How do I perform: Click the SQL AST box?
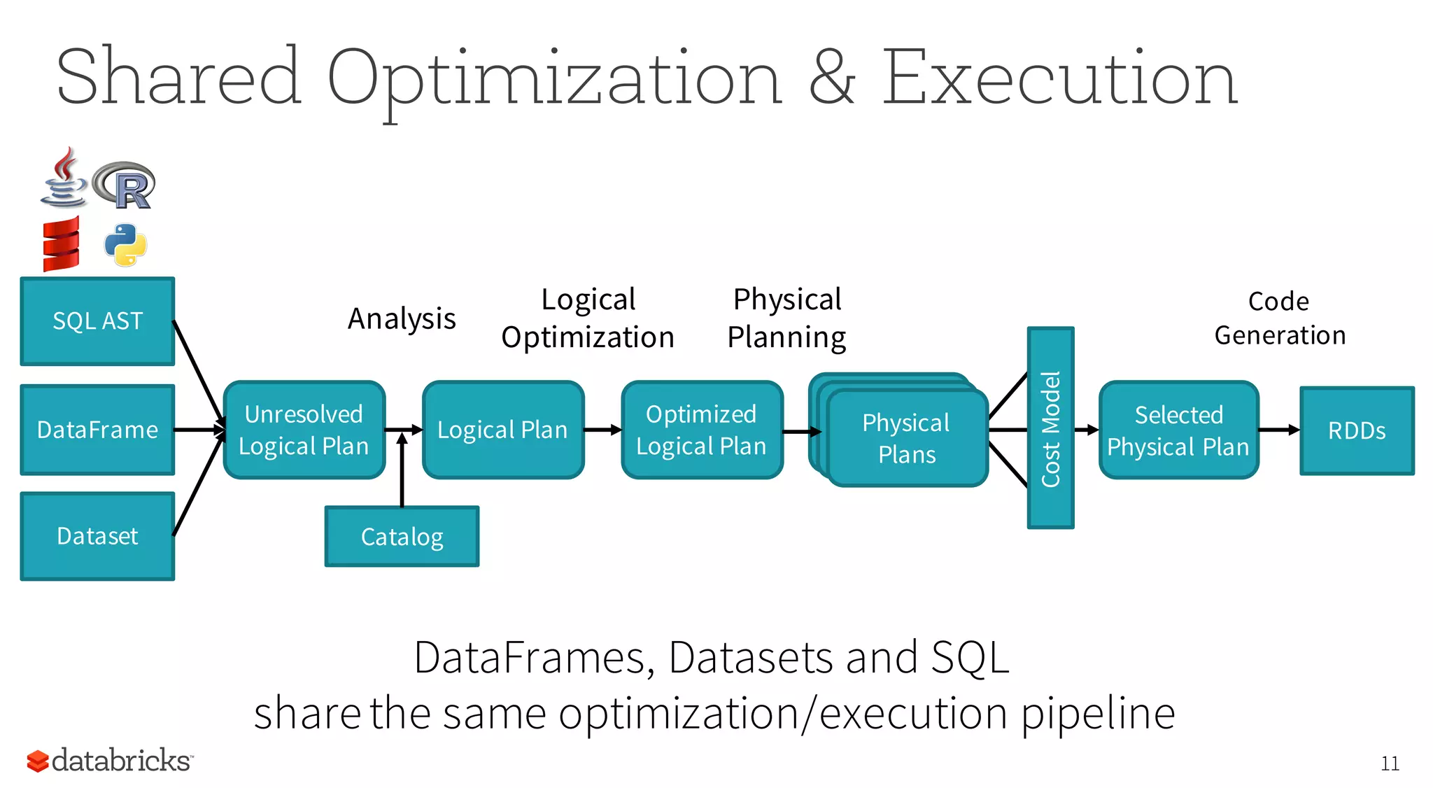tap(97, 321)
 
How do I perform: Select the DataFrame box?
tap(97, 430)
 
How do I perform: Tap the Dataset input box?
tap(97, 536)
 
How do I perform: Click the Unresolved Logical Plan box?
tap(304, 430)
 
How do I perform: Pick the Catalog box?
tap(402, 537)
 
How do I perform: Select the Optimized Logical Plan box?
tap(701, 430)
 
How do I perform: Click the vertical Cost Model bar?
tap(1050, 428)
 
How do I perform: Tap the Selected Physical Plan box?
tap(1178, 430)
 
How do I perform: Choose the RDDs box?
tap(1357, 430)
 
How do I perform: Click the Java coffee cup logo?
tap(64, 178)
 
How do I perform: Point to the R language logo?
tap(125, 185)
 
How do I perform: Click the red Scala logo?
tap(62, 244)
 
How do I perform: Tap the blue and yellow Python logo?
tap(126, 245)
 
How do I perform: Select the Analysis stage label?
tap(402, 319)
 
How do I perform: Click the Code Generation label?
tap(1280, 318)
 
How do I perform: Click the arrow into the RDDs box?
tap(1279, 430)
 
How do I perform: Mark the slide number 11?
tap(1390, 764)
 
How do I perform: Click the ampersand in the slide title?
tap(832, 78)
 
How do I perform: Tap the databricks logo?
tap(110, 760)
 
